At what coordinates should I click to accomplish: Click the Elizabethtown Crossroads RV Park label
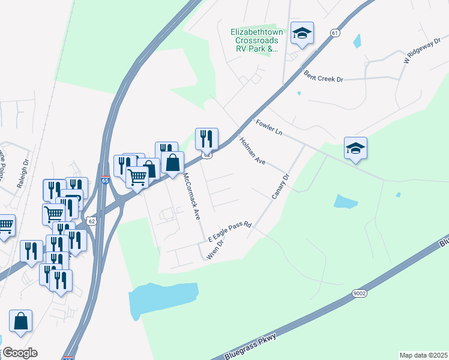(255, 40)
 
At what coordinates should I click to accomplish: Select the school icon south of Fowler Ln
(355, 148)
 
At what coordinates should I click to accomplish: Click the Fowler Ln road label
(268, 128)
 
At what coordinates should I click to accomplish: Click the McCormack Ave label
(191, 197)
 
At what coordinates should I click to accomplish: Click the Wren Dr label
(214, 249)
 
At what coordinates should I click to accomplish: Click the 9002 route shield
(359, 293)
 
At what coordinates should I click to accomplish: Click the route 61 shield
(335, 33)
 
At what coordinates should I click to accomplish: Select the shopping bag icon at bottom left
(21, 321)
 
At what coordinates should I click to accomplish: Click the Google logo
(19, 353)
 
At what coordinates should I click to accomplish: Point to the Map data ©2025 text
(423, 355)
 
